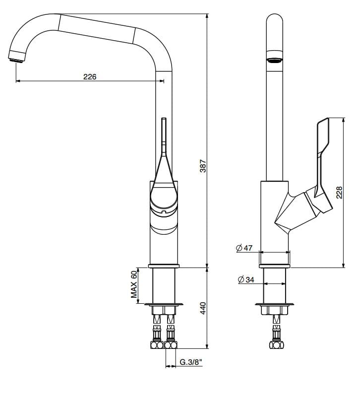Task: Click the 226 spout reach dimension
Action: (x=89, y=76)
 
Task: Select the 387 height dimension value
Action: (x=202, y=166)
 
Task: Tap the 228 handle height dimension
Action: (x=339, y=193)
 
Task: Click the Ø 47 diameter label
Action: (x=244, y=248)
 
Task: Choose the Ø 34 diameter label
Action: (x=246, y=280)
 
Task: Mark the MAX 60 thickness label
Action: (x=134, y=284)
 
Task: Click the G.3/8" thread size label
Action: (x=190, y=363)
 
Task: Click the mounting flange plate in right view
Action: (x=275, y=304)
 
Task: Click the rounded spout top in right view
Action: (x=275, y=20)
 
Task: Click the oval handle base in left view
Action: (x=164, y=196)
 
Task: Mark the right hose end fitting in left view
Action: (x=171, y=343)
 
